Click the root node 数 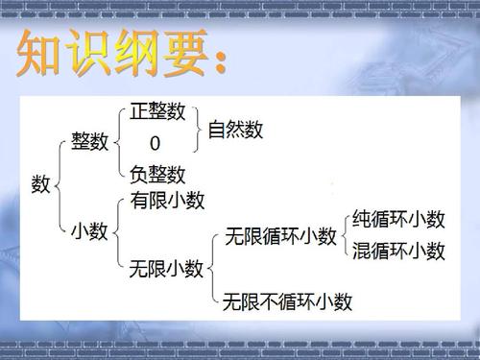[x=40, y=184]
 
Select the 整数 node [x=90, y=142]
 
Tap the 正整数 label [x=156, y=111]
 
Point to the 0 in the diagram [x=155, y=143]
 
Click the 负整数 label [x=157, y=175]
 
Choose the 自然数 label [x=235, y=129]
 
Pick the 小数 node [x=90, y=232]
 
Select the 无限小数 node [x=166, y=270]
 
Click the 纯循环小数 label [x=399, y=219]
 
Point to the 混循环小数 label [x=399, y=252]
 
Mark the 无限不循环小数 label [x=288, y=302]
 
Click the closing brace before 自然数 [x=200, y=128]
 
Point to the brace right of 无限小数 [x=212, y=269]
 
